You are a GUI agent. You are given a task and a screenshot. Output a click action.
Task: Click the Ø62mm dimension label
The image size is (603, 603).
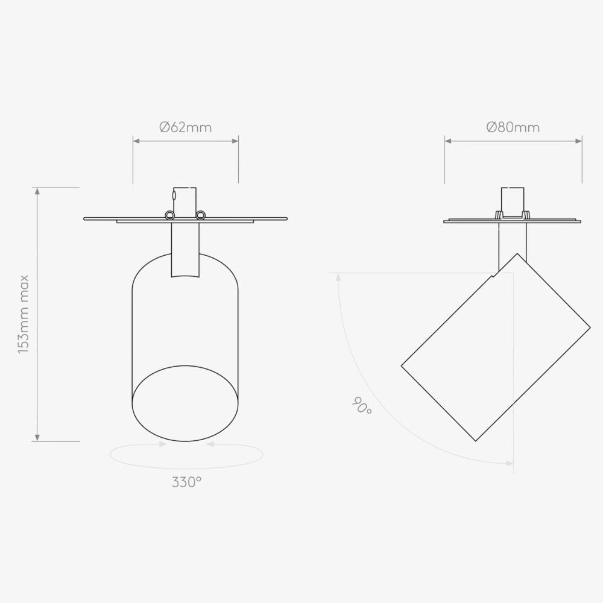[x=185, y=127]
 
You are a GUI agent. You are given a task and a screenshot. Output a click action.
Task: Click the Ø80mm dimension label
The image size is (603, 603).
[x=513, y=127]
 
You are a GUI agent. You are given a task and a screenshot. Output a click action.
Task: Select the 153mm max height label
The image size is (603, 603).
[x=24, y=314]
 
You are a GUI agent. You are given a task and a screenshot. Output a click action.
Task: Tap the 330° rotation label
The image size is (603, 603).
[x=186, y=482]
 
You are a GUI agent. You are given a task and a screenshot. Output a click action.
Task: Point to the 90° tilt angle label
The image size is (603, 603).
[x=362, y=406]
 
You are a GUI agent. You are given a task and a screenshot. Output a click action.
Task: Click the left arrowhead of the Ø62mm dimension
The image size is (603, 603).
[x=136, y=141]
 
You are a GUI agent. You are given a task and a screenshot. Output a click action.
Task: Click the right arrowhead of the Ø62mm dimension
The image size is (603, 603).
[x=235, y=141]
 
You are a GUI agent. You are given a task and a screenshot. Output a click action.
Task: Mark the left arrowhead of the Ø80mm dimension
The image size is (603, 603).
[x=448, y=141]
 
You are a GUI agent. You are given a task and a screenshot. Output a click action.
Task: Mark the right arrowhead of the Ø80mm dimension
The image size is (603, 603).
[x=579, y=141]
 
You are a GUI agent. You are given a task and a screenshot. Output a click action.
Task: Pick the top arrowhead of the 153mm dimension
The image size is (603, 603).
[x=37, y=191]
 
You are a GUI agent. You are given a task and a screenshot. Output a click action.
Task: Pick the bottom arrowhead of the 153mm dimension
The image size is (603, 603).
[x=37, y=438]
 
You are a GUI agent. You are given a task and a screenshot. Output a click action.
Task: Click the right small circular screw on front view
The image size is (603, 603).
[x=200, y=215]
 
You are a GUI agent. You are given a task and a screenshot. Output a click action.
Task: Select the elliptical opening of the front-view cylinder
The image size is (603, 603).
[x=185, y=403]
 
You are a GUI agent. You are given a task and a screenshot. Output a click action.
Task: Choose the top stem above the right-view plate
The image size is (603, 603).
[x=513, y=201]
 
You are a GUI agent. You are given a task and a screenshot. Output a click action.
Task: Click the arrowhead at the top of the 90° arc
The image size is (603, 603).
[x=338, y=277]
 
